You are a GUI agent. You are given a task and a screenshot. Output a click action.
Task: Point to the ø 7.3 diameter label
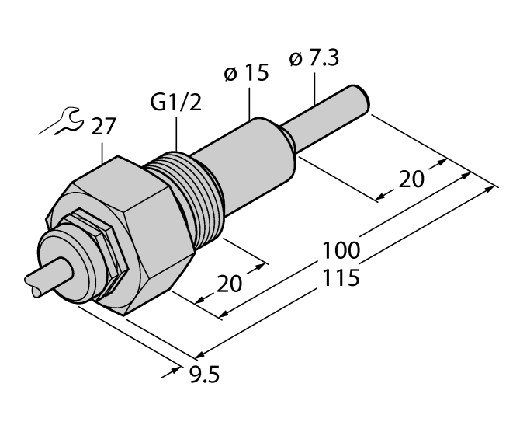[314, 61]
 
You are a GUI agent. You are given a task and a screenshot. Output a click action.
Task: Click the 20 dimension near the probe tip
[410, 179]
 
